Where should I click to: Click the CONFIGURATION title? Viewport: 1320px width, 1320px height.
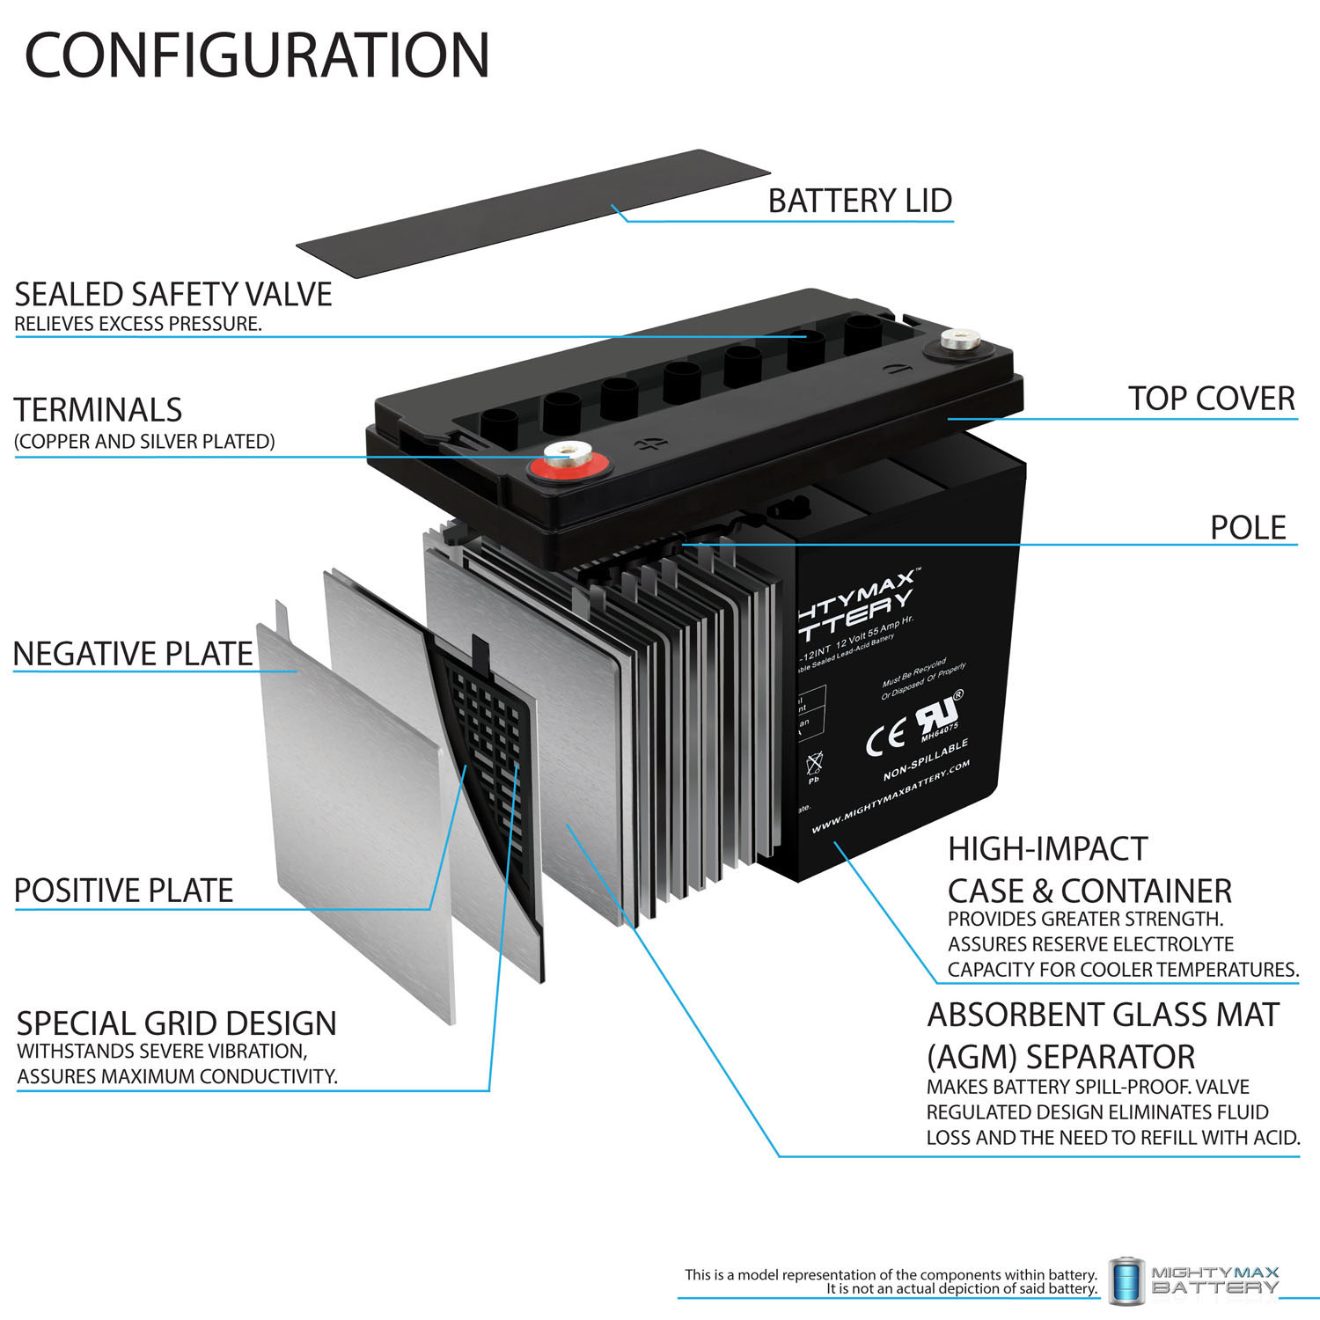click(x=256, y=55)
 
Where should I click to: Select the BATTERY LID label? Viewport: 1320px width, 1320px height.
click(x=860, y=201)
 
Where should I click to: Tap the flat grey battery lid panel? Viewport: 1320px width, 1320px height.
click(x=532, y=213)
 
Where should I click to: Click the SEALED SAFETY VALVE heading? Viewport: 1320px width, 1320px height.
click(x=173, y=294)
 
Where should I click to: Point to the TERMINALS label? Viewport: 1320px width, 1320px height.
click(x=98, y=410)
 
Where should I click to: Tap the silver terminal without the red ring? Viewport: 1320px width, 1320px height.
click(x=954, y=340)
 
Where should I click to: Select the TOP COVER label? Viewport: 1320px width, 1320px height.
click(x=1211, y=399)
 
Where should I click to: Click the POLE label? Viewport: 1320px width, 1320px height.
click(x=1248, y=527)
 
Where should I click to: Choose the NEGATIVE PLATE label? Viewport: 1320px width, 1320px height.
click(x=133, y=654)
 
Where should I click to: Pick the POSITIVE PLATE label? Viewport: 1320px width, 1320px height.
click(x=123, y=891)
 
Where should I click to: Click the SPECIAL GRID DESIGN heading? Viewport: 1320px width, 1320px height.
click(x=176, y=1023)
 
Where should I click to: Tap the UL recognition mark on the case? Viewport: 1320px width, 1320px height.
click(x=939, y=715)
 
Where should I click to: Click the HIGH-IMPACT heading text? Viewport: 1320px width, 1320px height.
click(x=1047, y=849)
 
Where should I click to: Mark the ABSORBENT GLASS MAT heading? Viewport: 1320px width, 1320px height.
click(x=1103, y=1015)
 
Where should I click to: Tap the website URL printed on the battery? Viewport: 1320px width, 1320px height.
click(x=890, y=797)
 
